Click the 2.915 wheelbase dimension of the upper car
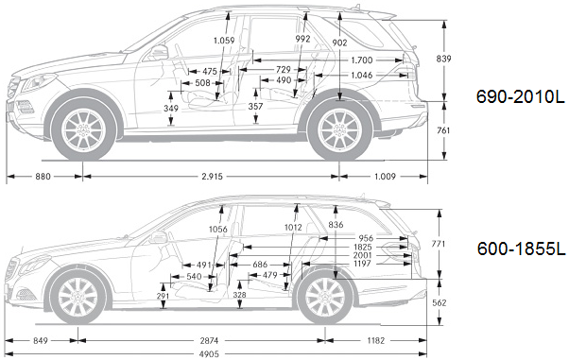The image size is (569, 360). click(x=212, y=177)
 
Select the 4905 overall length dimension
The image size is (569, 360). click(x=210, y=353)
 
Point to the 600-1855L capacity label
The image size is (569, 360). click(x=521, y=249)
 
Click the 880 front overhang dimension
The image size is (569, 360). click(x=43, y=177)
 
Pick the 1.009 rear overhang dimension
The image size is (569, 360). click(x=385, y=177)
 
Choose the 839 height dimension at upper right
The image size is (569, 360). click(x=443, y=59)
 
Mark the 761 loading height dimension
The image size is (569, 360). click(x=443, y=129)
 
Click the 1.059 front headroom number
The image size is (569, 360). click(x=224, y=41)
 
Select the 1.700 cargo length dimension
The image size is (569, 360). click(x=362, y=60)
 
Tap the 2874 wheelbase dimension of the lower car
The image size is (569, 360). click(x=210, y=341)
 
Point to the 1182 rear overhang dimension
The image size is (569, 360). click(x=375, y=341)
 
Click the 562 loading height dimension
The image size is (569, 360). click(x=440, y=302)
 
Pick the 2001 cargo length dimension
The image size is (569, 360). click(x=363, y=255)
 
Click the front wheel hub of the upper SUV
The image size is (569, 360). click(x=84, y=129)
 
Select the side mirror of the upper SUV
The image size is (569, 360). click(x=159, y=52)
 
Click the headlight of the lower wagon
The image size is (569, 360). click(x=34, y=265)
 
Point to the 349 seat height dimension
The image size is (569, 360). click(x=170, y=109)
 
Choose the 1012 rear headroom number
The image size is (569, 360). click(x=293, y=228)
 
